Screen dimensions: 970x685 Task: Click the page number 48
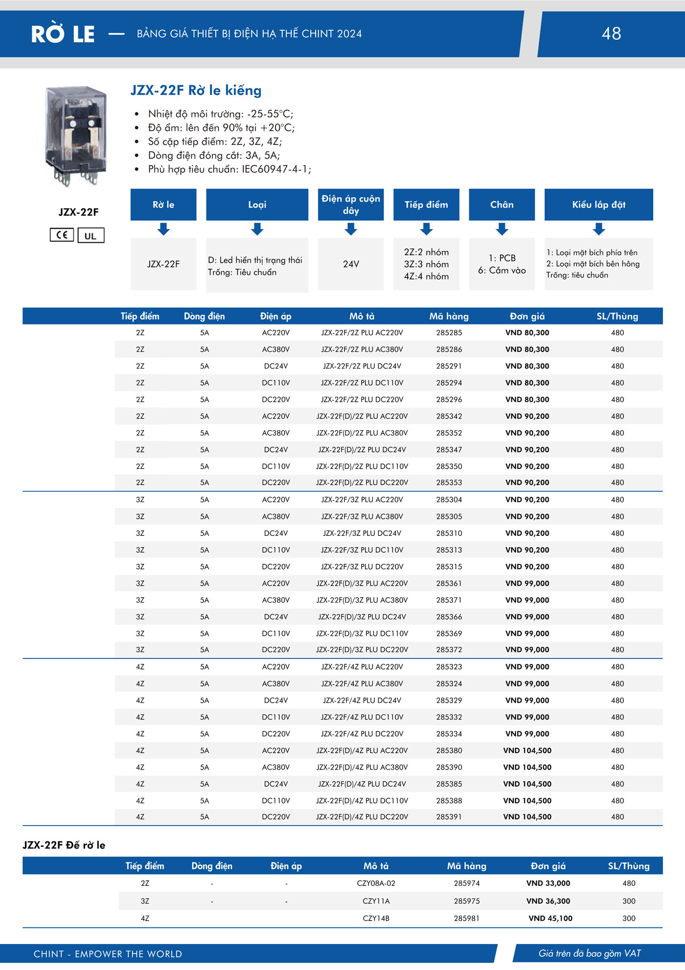click(611, 33)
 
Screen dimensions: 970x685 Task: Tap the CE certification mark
click(62, 235)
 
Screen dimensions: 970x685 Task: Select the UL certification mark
click(91, 235)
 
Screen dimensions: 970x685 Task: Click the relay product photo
click(76, 136)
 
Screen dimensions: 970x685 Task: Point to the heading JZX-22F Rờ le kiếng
click(196, 91)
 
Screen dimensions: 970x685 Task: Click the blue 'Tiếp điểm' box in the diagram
click(426, 205)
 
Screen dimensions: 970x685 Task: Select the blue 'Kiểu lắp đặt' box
click(598, 205)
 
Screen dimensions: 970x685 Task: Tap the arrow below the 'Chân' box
click(502, 229)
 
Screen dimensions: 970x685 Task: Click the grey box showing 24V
click(351, 264)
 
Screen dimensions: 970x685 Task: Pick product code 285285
click(449, 333)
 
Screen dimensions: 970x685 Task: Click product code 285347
click(449, 450)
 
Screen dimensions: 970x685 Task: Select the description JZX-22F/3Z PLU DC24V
click(362, 533)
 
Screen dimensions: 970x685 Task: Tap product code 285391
click(449, 817)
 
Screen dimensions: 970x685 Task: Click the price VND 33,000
click(548, 883)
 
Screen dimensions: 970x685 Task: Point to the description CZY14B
click(376, 919)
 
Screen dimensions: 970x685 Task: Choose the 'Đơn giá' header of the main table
click(527, 316)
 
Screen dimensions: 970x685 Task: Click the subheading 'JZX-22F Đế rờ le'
click(64, 845)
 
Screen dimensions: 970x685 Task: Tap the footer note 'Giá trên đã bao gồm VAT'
click(590, 953)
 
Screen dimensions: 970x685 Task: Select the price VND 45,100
click(550, 919)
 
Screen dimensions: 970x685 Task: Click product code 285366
click(449, 617)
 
